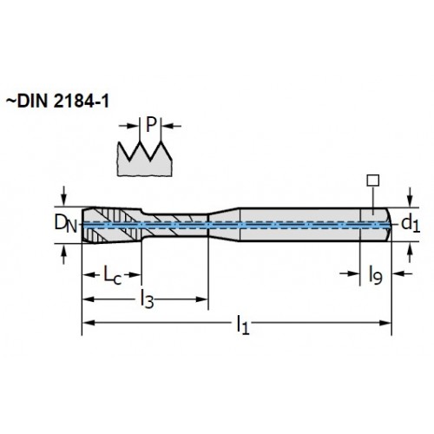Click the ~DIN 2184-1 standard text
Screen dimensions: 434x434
(x=57, y=102)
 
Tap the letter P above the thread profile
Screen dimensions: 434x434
(x=151, y=125)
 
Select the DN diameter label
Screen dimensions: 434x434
(x=66, y=224)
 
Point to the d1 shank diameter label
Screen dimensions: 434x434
(x=411, y=224)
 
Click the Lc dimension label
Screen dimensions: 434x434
(x=112, y=276)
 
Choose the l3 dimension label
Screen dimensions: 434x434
(x=147, y=299)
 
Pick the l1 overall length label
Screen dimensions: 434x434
(x=242, y=325)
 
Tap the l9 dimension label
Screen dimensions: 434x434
(x=375, y=275)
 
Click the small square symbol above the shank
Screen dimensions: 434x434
(x=373, y=181)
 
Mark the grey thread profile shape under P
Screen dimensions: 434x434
(x=145, y=160)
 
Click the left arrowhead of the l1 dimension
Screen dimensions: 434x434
(x=89, y=323)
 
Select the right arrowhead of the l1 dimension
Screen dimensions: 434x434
(x=385, y=323)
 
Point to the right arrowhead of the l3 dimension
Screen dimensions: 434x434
(x=202, y=299)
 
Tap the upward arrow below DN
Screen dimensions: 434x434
(x=64, y=253)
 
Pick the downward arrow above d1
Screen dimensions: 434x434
(x=410, y=197)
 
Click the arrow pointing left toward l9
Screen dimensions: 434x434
(x=403, y=273)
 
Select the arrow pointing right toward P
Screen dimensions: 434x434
(x=129, y=126)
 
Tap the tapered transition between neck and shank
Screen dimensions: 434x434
(x=224, y=224)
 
